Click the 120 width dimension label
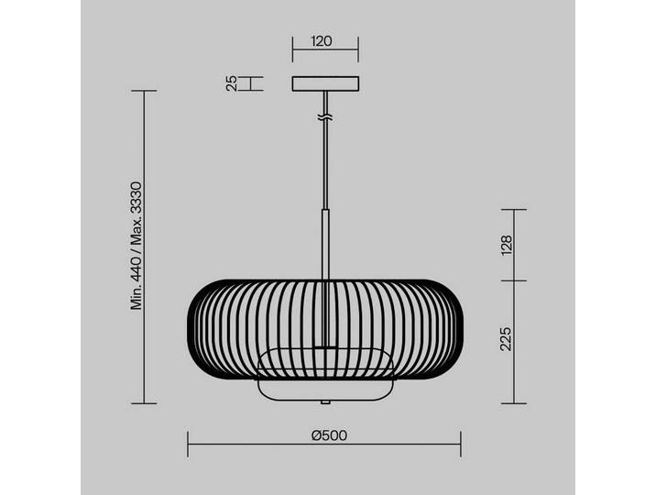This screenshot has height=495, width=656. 322,41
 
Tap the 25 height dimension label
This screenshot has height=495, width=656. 232,83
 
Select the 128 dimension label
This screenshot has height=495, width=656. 507,245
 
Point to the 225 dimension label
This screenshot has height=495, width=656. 507,339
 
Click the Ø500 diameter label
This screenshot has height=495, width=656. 329,435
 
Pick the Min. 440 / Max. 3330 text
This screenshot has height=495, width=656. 137,246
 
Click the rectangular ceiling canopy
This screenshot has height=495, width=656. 325,83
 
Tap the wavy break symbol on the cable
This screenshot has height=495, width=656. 325,118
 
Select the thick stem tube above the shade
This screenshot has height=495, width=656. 325,245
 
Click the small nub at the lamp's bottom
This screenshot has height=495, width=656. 325,402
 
